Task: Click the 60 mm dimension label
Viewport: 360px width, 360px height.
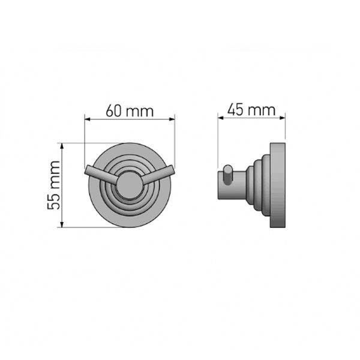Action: [x=130, y=111]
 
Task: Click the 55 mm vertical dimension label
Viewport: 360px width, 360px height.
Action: [x=53, y=185]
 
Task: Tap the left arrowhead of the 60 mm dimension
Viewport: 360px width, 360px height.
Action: [x=88, y=119]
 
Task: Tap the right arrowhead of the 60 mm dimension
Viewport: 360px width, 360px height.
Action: [x=172, y=119]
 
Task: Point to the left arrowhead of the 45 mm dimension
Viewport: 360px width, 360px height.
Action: [x=221, y=118]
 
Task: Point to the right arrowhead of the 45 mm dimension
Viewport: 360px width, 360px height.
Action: [x=282, y=118]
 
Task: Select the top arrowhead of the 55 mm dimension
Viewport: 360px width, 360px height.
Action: [x=62, y=146]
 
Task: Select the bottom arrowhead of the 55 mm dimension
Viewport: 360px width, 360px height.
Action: [x=62, y=224]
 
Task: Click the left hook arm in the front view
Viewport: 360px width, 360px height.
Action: [x=101, y=175]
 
